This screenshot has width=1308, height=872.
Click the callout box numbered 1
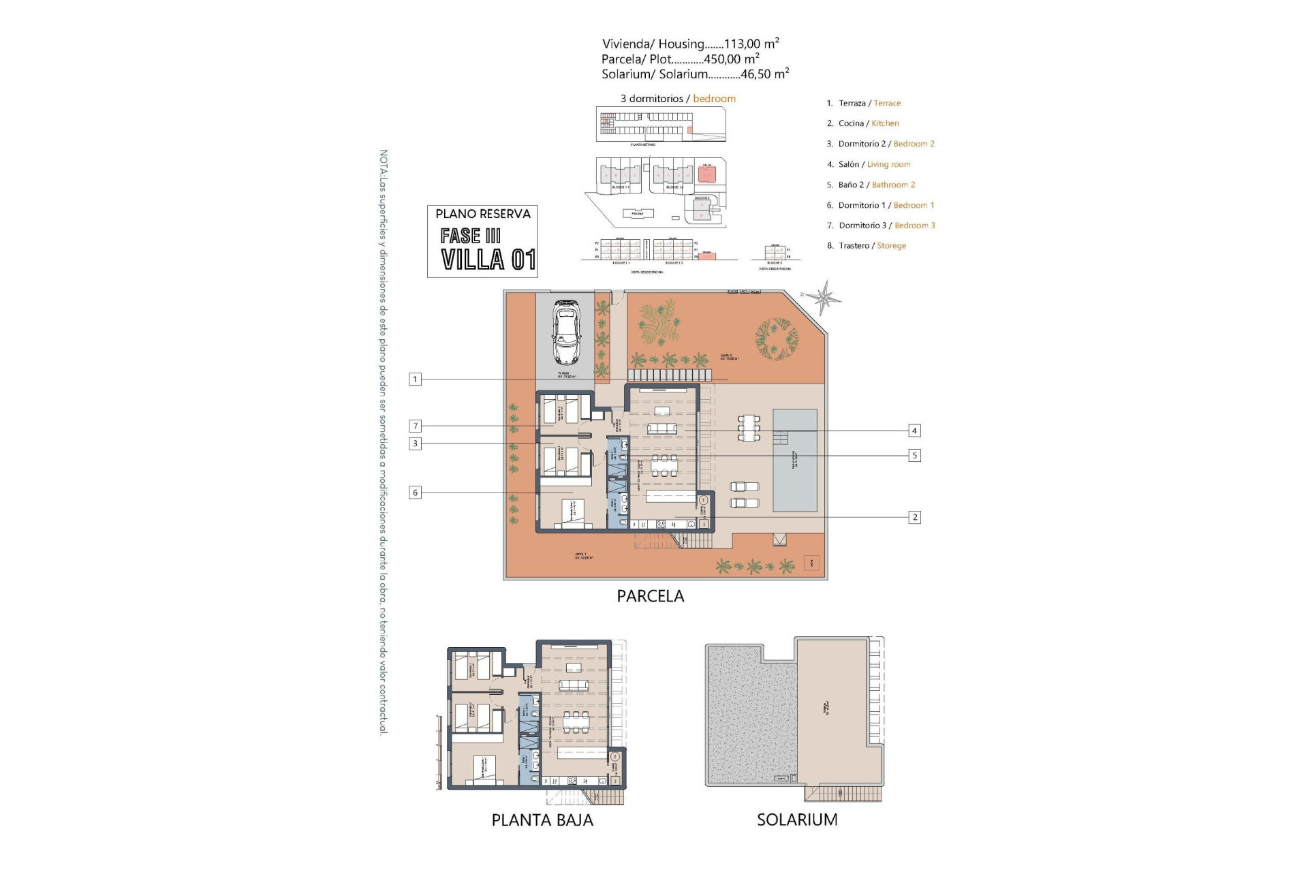415,379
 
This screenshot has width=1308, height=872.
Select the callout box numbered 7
415,426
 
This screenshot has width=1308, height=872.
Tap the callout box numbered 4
914,431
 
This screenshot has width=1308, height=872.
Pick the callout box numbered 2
914,518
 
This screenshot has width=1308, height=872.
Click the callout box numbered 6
415,493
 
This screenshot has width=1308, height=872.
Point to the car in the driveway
565,332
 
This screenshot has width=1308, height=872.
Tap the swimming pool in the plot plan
794,461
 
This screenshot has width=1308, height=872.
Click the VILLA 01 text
488,260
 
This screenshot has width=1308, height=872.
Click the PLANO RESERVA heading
482,214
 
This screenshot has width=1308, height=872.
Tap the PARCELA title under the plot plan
650,596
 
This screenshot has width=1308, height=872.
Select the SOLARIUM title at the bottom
797,820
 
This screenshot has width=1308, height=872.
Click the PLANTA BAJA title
542,820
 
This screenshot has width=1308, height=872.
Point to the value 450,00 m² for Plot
732,59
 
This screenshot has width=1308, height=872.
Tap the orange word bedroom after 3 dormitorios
714,99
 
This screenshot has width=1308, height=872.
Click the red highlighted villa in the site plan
707,174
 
